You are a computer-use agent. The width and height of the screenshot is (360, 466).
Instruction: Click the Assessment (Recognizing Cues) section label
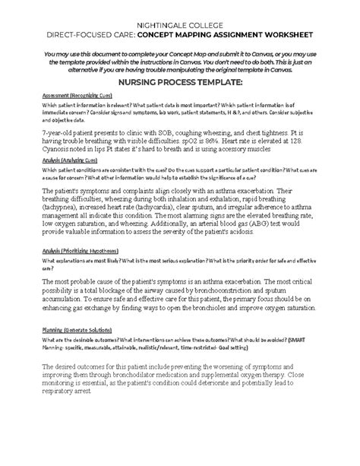[68, 95]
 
